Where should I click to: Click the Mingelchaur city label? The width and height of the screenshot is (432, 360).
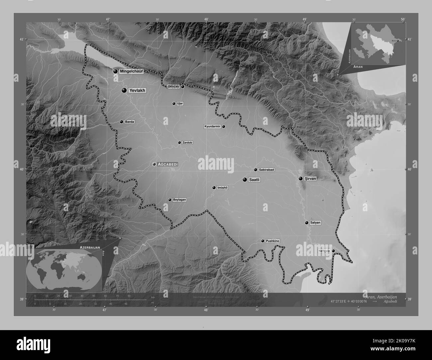tap(132, 71)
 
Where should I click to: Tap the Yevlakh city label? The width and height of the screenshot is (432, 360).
tap(138, 90)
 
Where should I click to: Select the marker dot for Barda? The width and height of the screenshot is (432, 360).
tap(122, 122)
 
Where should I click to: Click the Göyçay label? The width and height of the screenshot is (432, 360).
tap(174, 86)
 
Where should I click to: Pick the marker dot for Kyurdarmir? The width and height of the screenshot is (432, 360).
tap(224, 127)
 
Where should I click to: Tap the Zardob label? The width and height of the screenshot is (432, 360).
tap(187, 142)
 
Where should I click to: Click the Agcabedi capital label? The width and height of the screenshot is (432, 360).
tap(168, 164)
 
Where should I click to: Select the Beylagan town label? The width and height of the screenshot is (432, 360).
tap(179, 200)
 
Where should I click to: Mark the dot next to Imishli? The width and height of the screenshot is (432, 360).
tap(214, 188)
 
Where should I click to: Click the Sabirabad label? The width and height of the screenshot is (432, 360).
tap(267, 170)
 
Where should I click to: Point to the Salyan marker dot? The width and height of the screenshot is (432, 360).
tap(306, 223)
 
